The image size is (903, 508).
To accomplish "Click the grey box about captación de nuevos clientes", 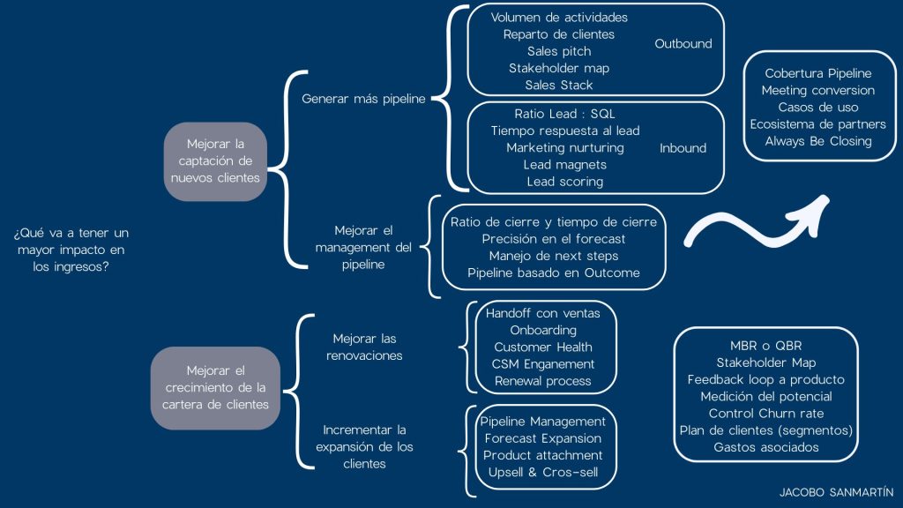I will (x=215, y=161).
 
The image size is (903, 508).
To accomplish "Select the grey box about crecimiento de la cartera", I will (x=215, y=388).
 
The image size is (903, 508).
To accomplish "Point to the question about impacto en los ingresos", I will (x=71, y=250).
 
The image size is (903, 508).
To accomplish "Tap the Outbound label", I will (x=683, y=43).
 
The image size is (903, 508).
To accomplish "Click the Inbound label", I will (x=683, y=148).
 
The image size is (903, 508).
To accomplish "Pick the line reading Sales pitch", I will (x=559, y=51).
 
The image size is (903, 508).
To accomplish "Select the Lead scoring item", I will (x=564, y=182).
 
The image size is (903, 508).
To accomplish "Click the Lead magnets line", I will (x=564, y=165).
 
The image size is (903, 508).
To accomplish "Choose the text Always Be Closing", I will (x=818, y=141).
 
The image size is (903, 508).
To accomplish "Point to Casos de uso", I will (x=818, y=108).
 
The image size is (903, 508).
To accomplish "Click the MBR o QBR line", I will (x=765, y=346).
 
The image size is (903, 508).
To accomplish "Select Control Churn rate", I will (x=765, y=414).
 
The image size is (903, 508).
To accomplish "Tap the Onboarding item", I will (x=543, y=330).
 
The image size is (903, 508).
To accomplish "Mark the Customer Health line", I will (x=543, y=347).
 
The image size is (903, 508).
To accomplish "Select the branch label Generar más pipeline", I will (x=364, y=99).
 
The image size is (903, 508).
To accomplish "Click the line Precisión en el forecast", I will (x=554, y=239).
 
